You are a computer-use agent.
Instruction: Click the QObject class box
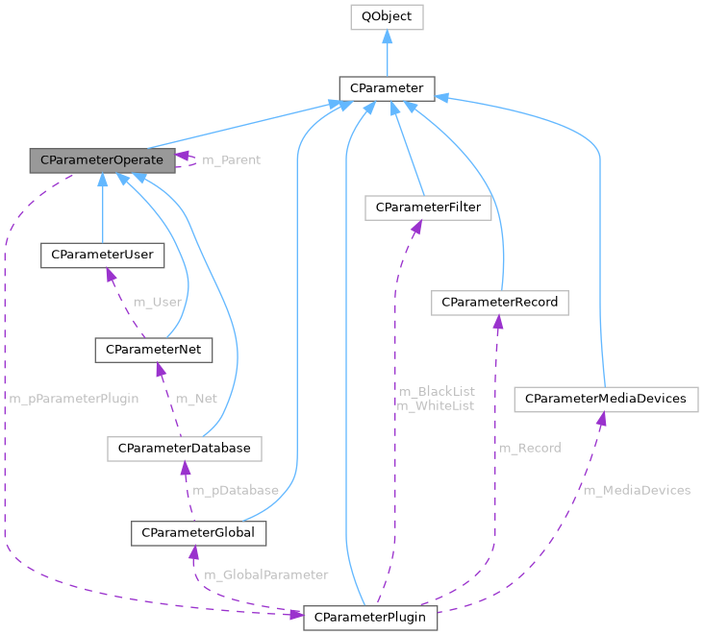click(386, 16)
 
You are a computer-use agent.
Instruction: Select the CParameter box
click(387, 88)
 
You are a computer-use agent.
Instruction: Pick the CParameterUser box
click(101, 255)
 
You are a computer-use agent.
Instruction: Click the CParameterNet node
click(153, 349)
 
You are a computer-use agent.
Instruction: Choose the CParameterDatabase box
click(184, 448)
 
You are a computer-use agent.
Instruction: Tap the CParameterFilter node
click(428, 207)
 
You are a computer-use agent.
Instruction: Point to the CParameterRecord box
click(499, 303)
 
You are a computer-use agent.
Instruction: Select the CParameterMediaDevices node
click(606, 399)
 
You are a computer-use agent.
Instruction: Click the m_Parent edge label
click(231, 159)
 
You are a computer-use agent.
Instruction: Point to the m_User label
click(158, 302)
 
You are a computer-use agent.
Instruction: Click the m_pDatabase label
click(236, 490)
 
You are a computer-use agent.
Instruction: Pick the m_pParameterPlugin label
click(74, 399)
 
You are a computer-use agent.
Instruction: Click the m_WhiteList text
click(435, 405)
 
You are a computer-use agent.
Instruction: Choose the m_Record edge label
click(529, 448)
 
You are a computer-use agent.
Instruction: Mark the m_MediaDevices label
click(637, 490)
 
